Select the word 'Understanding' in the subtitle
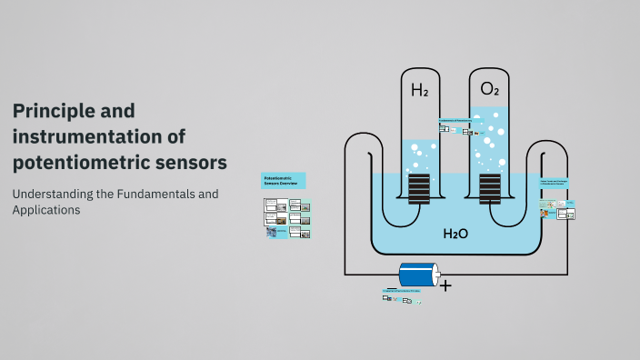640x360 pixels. (x=50, y=194)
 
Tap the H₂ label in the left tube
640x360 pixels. (x=419, y=90)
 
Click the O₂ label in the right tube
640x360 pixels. (x=489, y=89)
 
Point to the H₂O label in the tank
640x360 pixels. (x=455, y=234)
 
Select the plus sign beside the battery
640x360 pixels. (x=445, y=285)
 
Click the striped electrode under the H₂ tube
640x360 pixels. (x=419, y=189)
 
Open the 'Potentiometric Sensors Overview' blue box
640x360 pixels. (x=284, y=180)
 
